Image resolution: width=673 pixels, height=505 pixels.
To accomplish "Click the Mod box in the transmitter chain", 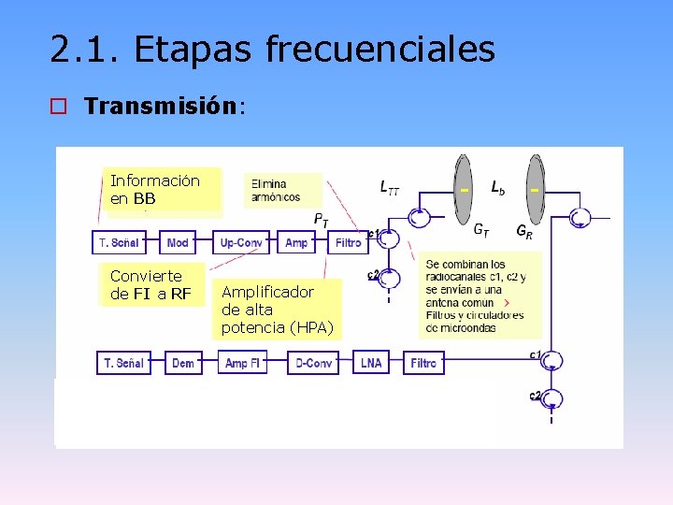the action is coord(178,242).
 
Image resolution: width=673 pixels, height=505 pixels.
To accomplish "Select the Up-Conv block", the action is coord(240,242).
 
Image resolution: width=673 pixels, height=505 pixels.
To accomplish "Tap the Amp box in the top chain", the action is coord(296,242).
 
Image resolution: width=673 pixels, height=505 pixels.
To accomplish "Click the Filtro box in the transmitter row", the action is coord(348,242).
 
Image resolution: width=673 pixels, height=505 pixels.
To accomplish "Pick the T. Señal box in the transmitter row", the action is coord(119,242).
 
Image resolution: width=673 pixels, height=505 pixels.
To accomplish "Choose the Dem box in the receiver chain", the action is coord(183,363).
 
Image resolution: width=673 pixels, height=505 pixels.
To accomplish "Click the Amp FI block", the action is coord(242,363).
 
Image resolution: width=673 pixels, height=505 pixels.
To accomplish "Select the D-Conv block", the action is coord(313,363).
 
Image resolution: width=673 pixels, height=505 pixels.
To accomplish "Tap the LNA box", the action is coord(371,363).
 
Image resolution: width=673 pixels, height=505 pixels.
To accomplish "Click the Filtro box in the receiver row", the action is coord(423,363).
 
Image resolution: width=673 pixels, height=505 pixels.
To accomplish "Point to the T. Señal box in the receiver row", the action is coord(124,363).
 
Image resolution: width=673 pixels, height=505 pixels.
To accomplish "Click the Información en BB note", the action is coord(156,190).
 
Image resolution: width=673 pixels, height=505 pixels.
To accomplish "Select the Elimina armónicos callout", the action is coord(282,190).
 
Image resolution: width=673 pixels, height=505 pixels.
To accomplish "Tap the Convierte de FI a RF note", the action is coord(150,285).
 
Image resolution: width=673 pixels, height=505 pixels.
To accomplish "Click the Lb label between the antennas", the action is coord(498,187).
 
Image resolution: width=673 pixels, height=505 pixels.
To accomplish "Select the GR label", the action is coord(524,231).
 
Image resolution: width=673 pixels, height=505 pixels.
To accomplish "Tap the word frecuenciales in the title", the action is coord(379,50).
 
